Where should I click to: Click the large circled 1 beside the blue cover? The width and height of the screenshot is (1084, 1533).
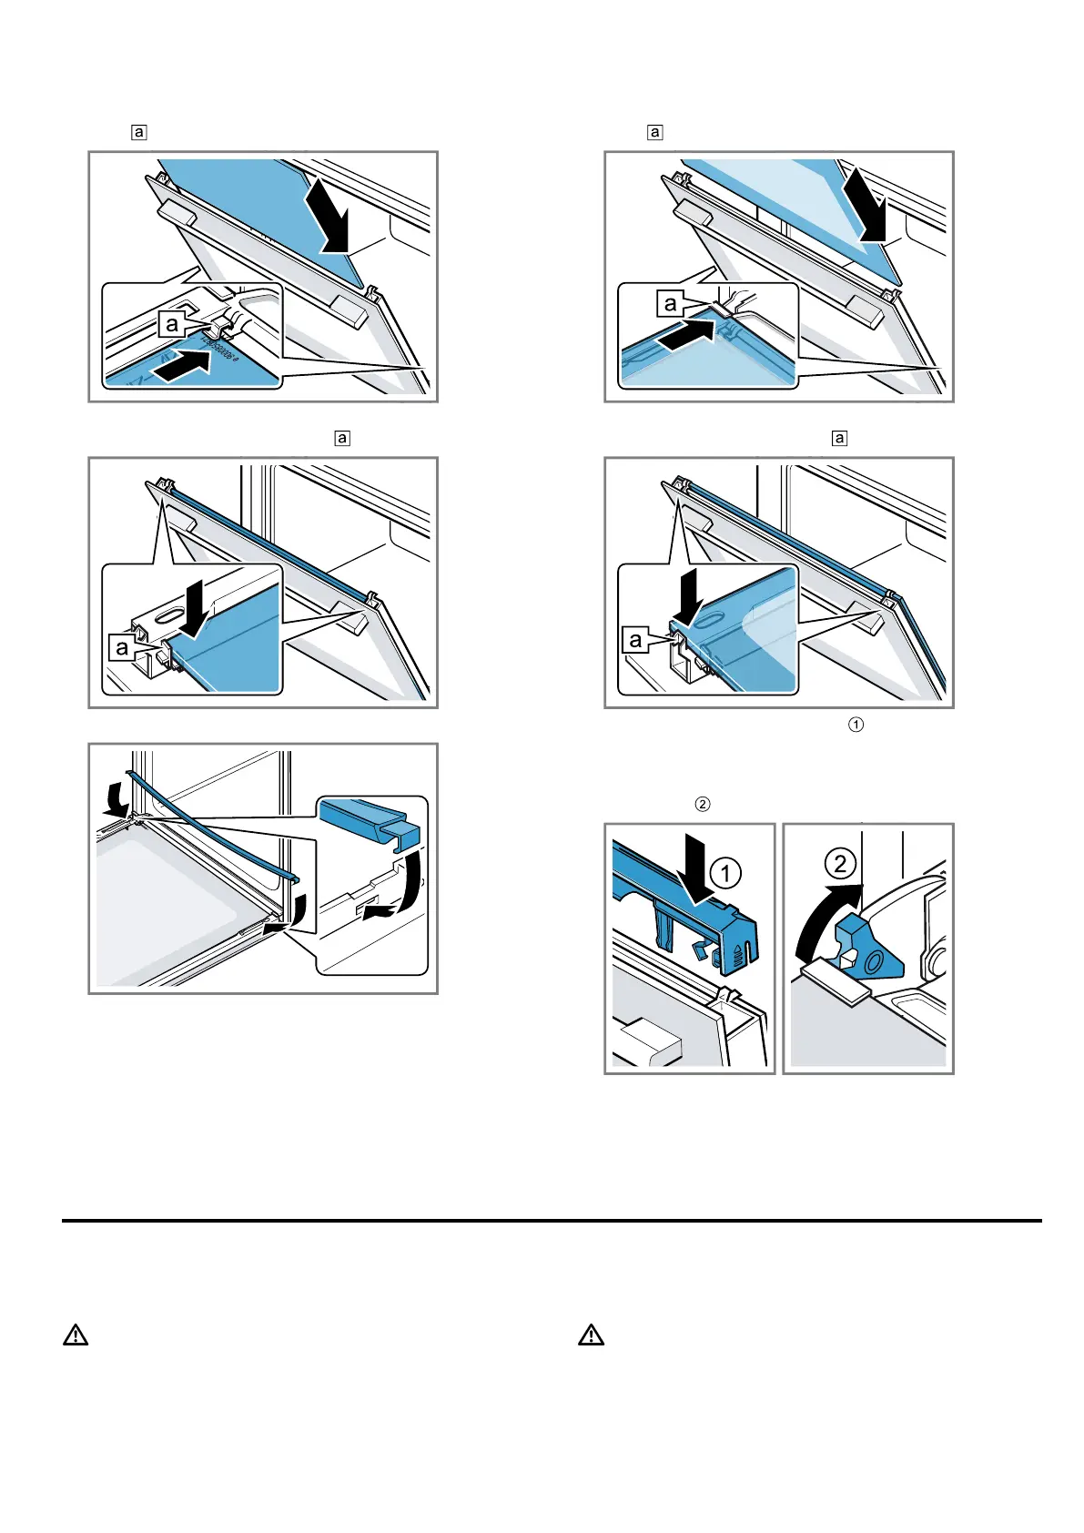click(725, 874)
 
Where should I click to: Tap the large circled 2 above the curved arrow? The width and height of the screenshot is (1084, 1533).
click(840, 864)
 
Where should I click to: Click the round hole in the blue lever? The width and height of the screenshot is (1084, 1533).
click(874, 961)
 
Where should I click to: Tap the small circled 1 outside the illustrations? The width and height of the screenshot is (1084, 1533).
click(856, 725)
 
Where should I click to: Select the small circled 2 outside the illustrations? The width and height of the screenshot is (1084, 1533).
click(703, 804)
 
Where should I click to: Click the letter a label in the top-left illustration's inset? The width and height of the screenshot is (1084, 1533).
click(171, 324)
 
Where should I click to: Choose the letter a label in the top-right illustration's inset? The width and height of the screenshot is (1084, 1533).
click(671, 304)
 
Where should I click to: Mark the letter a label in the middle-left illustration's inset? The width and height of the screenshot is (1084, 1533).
click(121, 648)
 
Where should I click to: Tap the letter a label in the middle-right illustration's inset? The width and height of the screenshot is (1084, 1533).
click(636, 640)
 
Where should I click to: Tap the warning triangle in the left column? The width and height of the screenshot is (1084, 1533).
click(76, 1335)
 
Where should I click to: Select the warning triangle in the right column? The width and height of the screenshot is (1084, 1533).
click(591, 1335)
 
